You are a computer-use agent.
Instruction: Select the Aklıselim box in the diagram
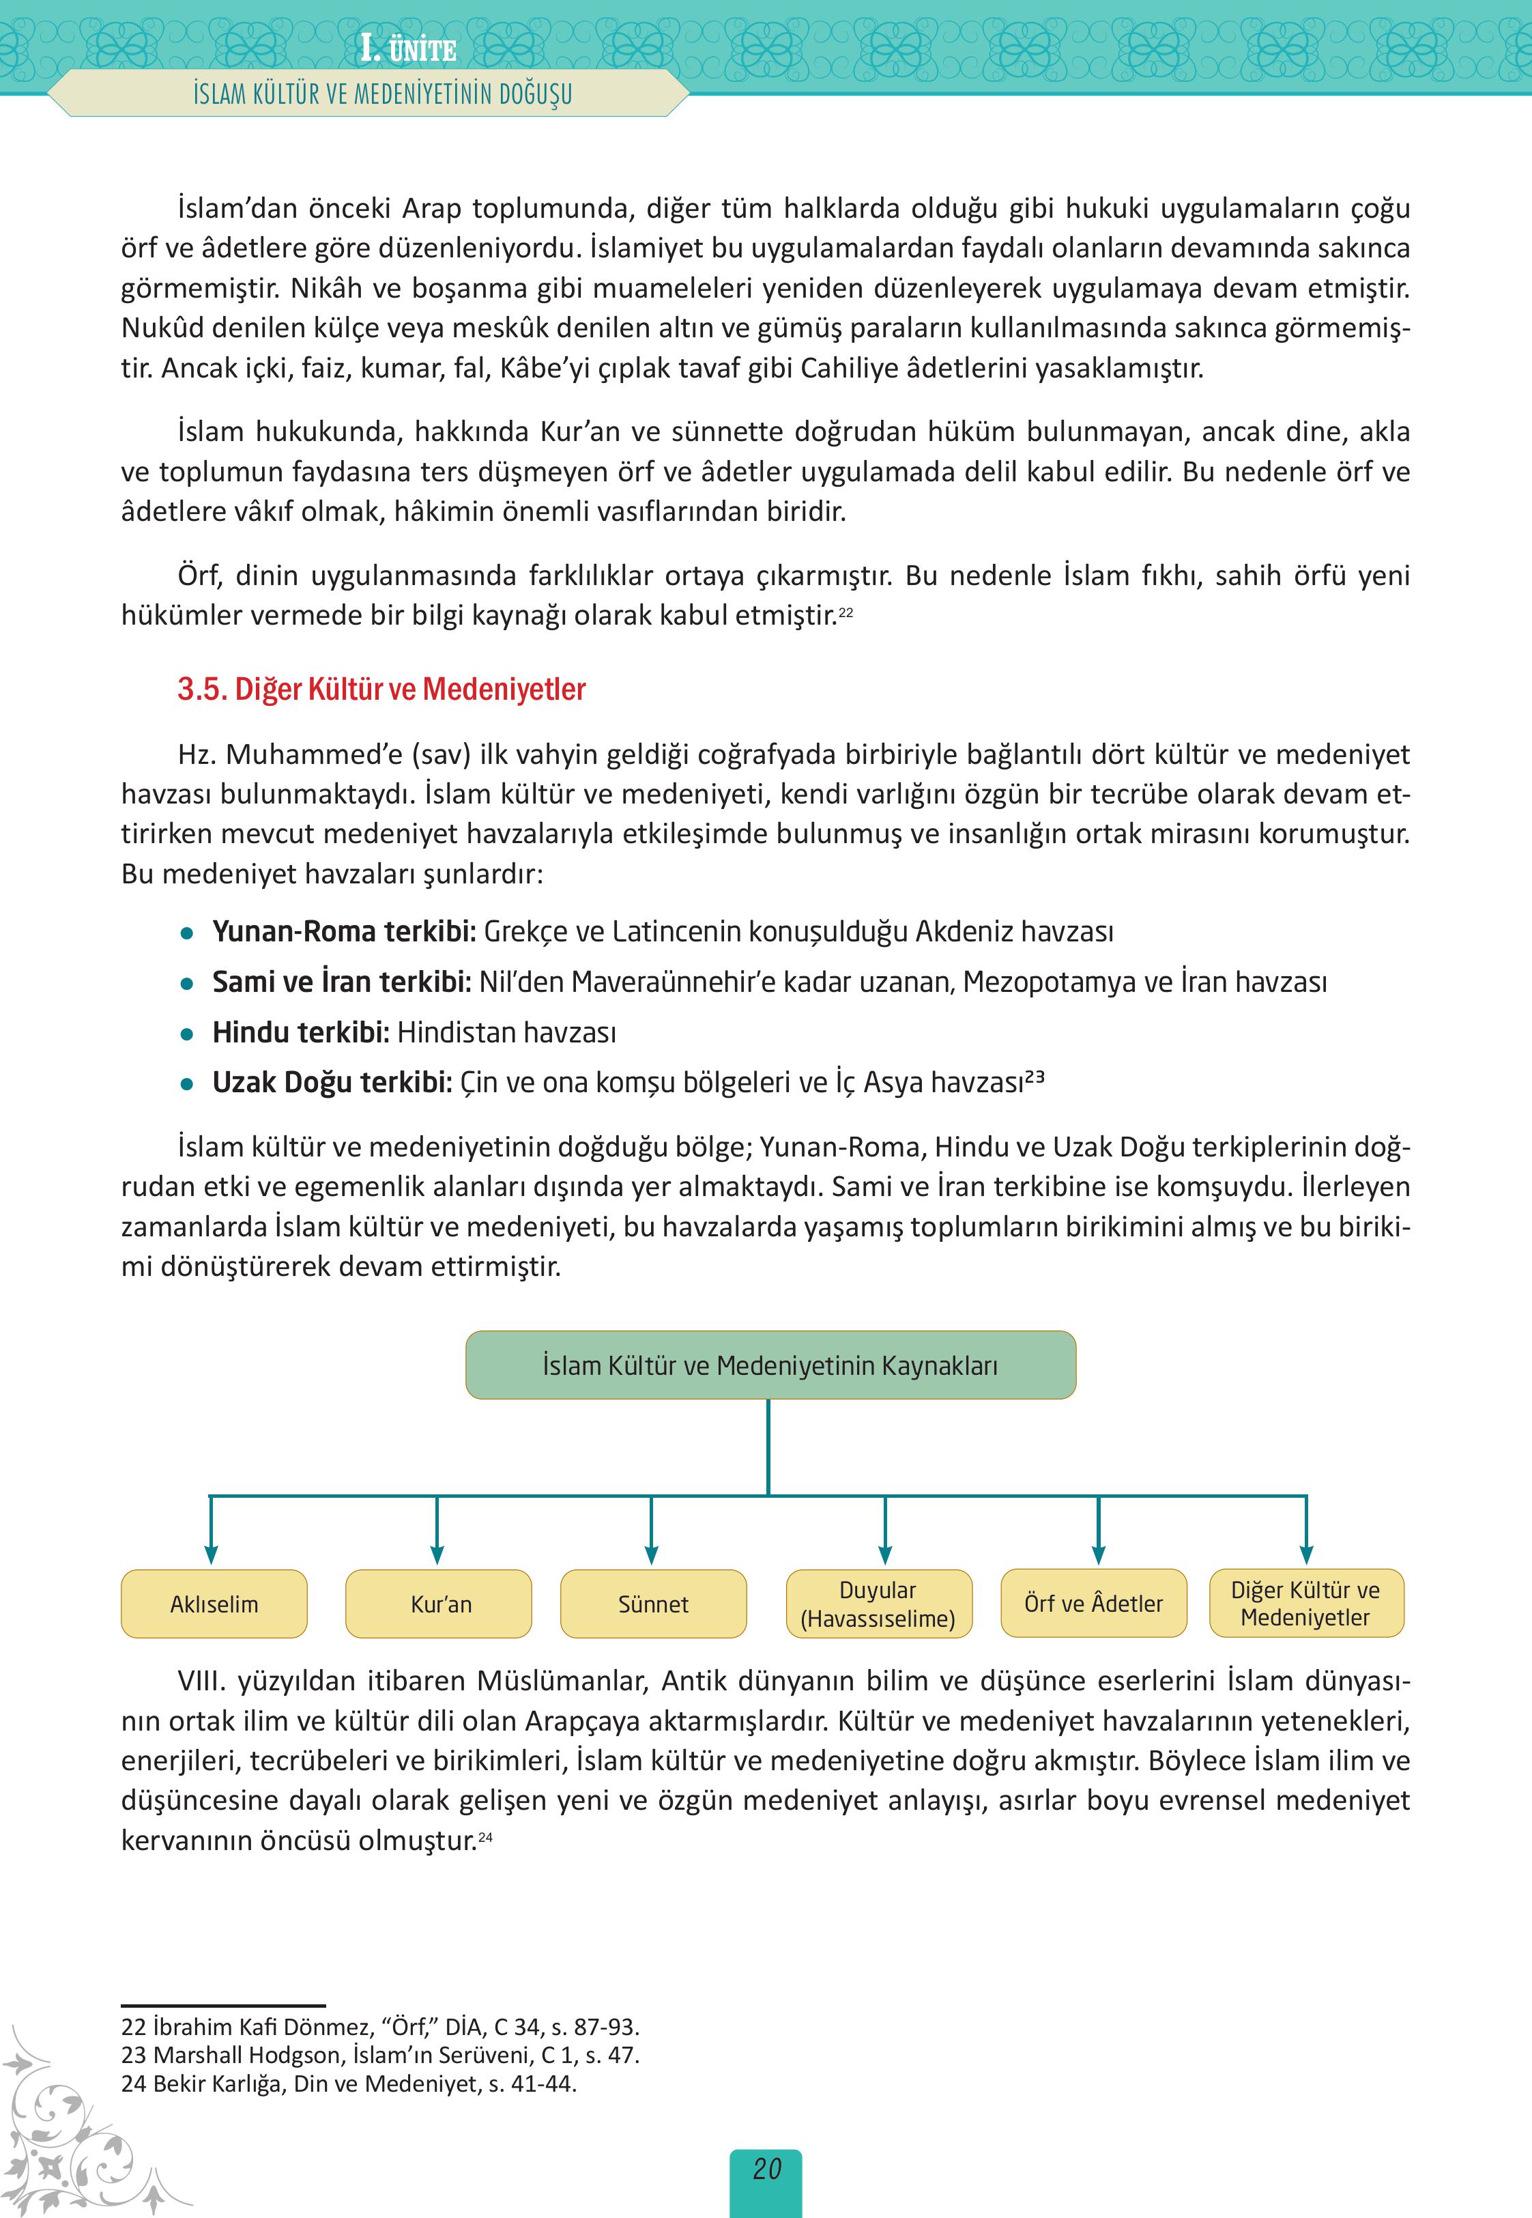pos(214,1604)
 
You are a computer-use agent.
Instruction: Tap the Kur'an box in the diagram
pos(439,1604)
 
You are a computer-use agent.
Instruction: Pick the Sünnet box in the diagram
pos(653,1604)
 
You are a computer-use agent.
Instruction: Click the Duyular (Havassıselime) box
pos(878,1604)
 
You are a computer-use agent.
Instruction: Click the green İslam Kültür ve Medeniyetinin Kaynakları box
pos(770,1365)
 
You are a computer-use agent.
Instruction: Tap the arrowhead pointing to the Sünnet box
pos(652,1554)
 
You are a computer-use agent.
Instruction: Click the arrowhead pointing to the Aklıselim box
pos(211,1554)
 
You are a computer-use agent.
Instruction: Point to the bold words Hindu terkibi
pos(300,1032)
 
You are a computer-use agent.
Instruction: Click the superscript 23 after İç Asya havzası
pos(1034,1077)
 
